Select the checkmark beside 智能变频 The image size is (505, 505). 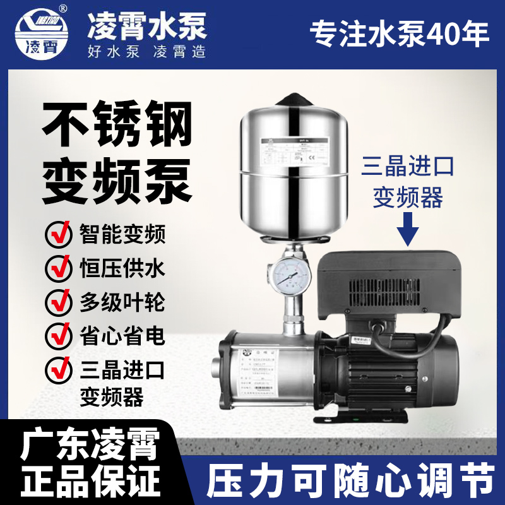tap(59, 236)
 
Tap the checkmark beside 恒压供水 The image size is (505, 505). tap(59, 269)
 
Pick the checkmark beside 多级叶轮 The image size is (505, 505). tap(59, 302)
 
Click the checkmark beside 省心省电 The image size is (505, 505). tap(59, 333)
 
